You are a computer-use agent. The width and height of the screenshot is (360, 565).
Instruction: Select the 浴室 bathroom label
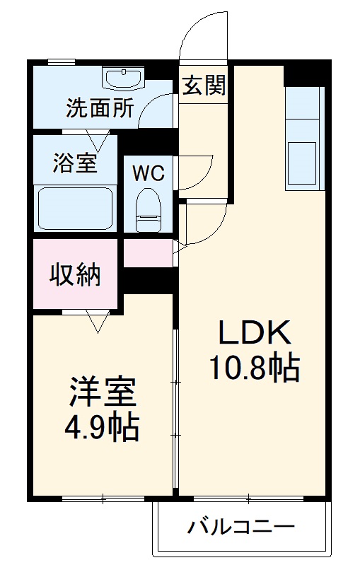(x=74, y=163)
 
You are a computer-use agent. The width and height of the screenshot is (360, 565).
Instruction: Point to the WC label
(x=149, y=173)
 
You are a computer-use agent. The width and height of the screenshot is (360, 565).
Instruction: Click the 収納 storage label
(x=75, y=274)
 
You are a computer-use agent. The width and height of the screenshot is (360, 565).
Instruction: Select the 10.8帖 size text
(x=253, y=367)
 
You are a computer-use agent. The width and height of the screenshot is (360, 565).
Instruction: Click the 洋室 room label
(x=102, y=391)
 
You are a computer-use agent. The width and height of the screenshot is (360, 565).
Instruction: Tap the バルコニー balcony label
(x=241, y=528)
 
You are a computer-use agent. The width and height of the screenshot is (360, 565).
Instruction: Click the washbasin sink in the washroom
(x=123, y=76)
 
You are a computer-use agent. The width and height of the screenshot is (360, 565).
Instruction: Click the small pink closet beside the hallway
(x=149, y=253)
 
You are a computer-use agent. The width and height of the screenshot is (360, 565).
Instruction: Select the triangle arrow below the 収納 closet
(x=96, y=322)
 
